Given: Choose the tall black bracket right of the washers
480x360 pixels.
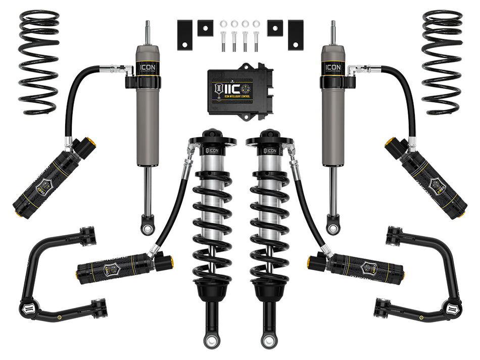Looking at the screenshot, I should (x=296, y=34).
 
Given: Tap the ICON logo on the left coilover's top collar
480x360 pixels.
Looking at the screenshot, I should (x=212, y=150).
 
